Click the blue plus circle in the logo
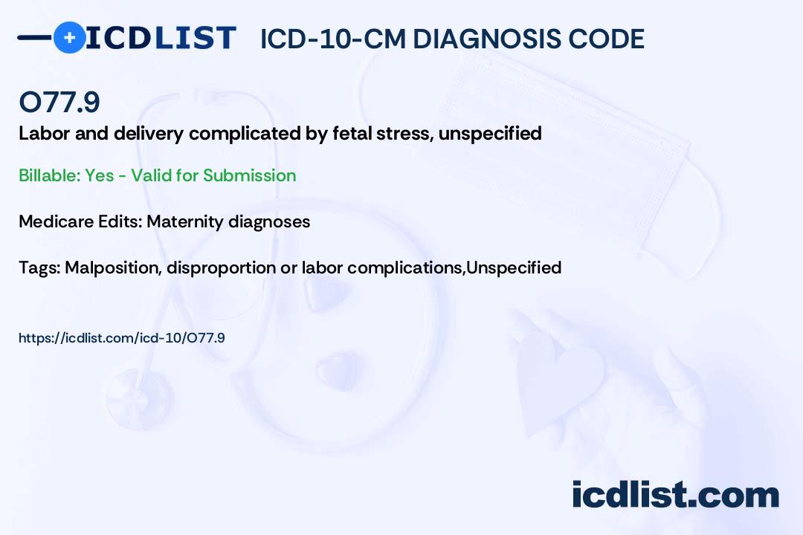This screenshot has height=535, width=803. (69, 37)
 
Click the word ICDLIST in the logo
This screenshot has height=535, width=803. (161, 38)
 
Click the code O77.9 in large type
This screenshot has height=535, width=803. (59, 102)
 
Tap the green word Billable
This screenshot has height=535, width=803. (49, 175)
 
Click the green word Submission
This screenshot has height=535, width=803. (249, 175)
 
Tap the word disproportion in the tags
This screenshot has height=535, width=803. (222, 267)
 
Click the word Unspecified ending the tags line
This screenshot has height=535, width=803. (515, 267)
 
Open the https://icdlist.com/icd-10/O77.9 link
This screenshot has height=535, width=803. (122, 338)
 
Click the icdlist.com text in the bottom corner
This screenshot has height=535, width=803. (675, 495)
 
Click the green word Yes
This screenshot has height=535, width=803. (100, 175)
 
